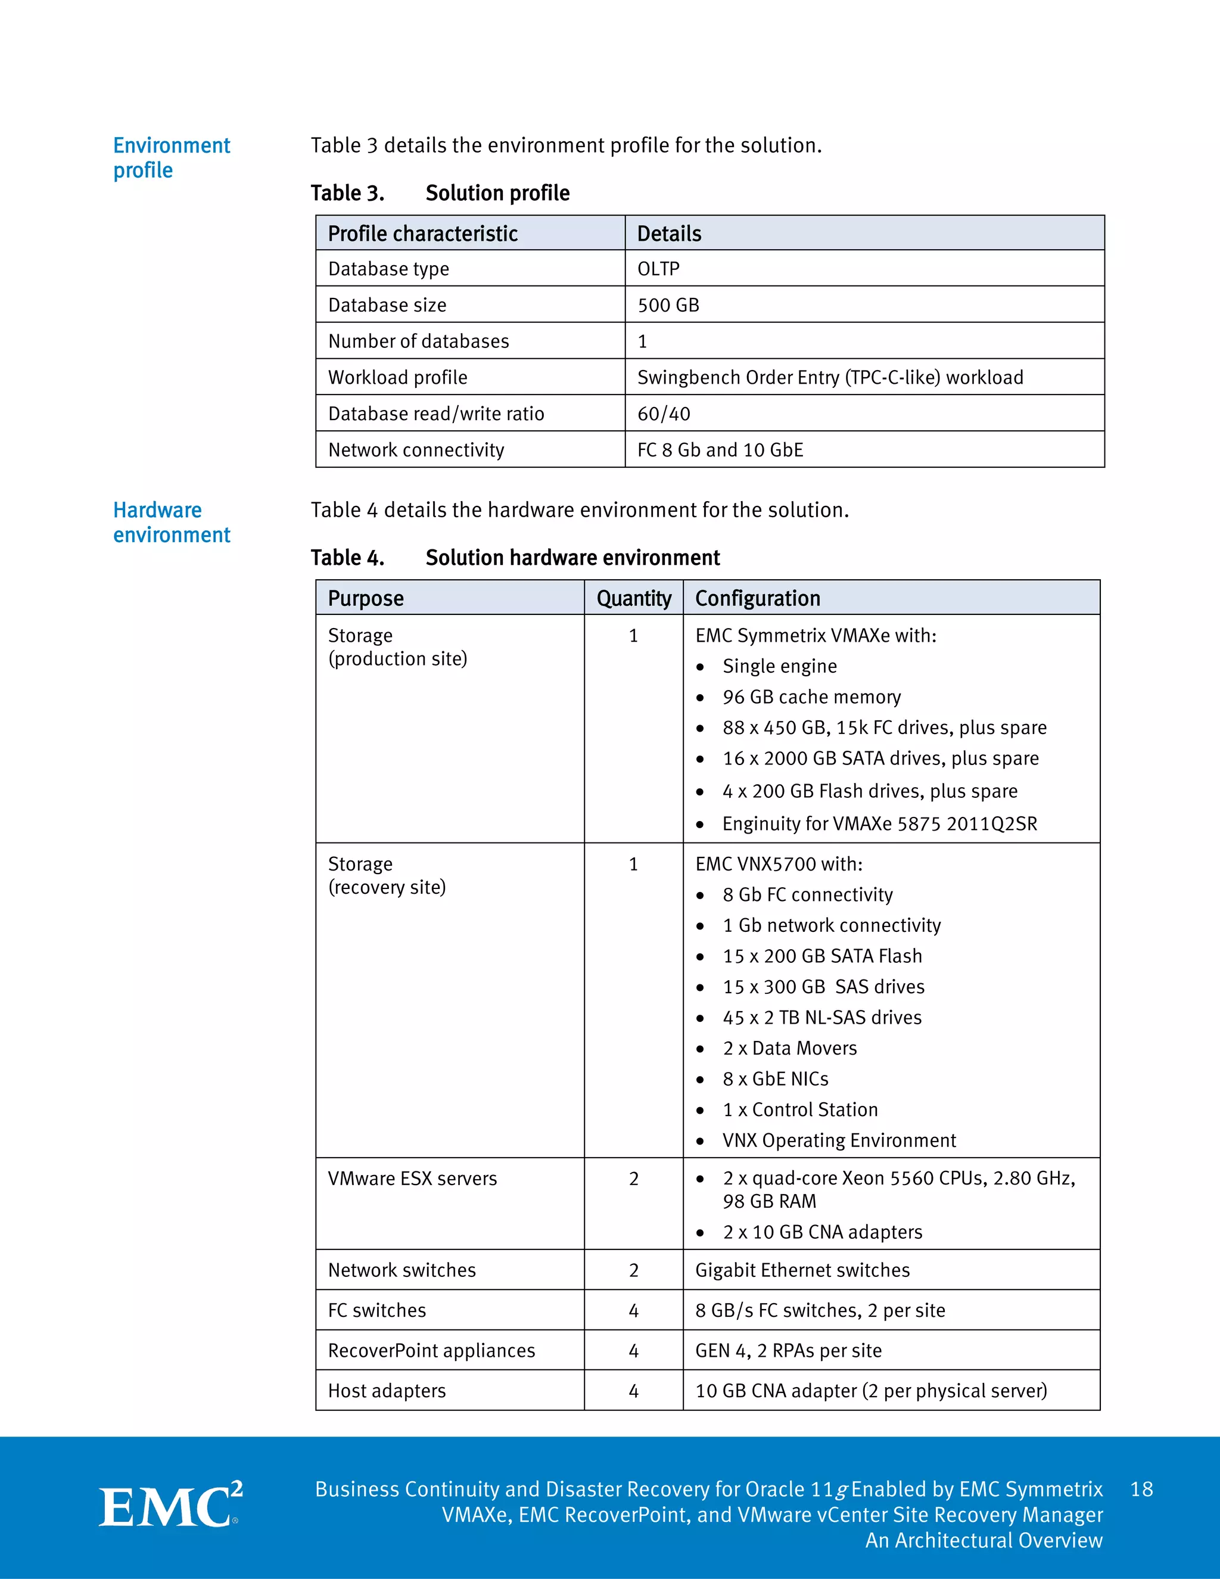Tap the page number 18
click(x=1141, y=1490)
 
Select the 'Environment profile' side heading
click(x=172, y=158)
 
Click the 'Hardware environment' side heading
click(x=172, y=522)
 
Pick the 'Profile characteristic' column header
click(x=423, y=234)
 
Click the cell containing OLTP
click(x=658, y=269)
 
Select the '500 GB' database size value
click(x=668, y=305)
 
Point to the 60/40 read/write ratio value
click(x=664, y=414)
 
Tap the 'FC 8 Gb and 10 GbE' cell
click(x=720, y=450)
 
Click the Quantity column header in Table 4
click(x=633, y=598)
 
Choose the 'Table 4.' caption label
click(x=347, y=558)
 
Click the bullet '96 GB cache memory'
click(x=811, y=697)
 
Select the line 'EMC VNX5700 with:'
click(x=779, y=864)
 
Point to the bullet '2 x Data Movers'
click(x=789, y=1048)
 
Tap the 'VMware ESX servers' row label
click(x=412, y=1179)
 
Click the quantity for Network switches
click(x=633, y=1270)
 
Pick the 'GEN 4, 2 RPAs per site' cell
click(x=788, y=1351)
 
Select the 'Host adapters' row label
click(x=387, y=1391)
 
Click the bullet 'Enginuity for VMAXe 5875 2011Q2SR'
click(x=879, y=823)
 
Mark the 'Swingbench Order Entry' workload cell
click(x=830, y=377)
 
